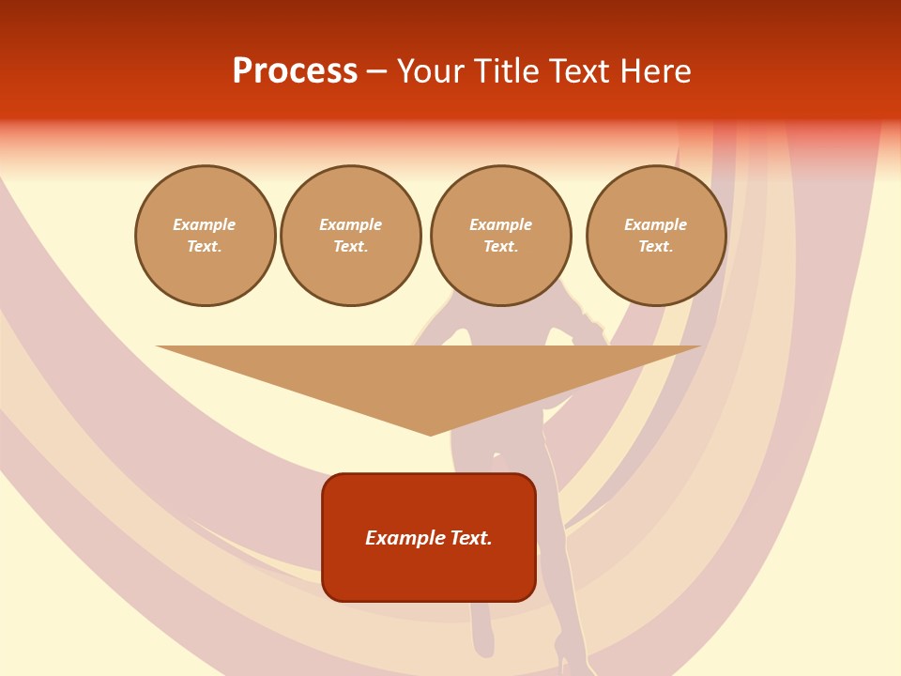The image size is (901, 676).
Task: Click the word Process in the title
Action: click(295, 71)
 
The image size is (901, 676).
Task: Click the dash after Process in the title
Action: click(376, 72)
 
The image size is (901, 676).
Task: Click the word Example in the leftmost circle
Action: click(205, 224)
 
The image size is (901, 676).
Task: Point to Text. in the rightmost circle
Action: click(656, 247)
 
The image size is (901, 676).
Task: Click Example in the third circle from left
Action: click(501, 224)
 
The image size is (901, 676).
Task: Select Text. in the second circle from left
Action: click(351, 247)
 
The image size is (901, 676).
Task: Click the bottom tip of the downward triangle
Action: click(430, 433)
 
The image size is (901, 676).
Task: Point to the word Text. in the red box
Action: click(472, 538)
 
